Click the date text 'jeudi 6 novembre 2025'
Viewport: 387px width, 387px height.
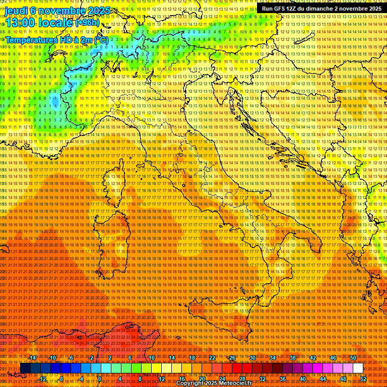pos(56,11)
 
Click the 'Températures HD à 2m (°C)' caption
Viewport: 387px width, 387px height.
pos(56,39)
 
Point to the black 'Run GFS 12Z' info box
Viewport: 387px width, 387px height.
pos(321,8)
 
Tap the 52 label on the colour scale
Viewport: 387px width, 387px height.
pos(363,378)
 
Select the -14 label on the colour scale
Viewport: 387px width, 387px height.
pos(32,358)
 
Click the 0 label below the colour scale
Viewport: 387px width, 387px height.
pos(100,378)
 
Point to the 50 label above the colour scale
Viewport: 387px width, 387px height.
pos(353,358)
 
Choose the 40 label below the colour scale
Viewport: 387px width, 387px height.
pos(303,378)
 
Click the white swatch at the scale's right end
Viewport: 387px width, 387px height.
pos(358,368)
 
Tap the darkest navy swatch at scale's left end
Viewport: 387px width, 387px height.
pos(25,368)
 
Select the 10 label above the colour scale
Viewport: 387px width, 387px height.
pos(151,358)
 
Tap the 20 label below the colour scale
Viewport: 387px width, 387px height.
pos(202,378)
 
